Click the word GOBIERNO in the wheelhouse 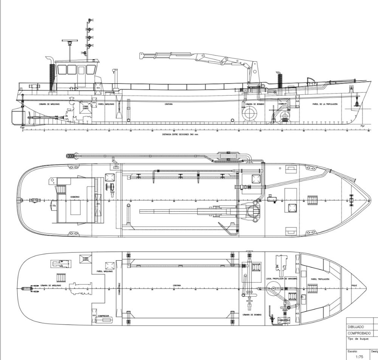tap(74, 197)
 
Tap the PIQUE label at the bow tap(354, 286)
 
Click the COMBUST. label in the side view tap(283, 104)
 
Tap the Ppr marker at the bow tap(363, 126)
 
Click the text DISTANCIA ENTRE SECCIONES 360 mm tap(180, 134)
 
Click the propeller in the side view tap(29, 117)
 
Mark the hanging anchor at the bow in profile tap(356, 103)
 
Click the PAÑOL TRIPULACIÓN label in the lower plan tap(320, 279)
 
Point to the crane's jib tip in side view tap(141, 55)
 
